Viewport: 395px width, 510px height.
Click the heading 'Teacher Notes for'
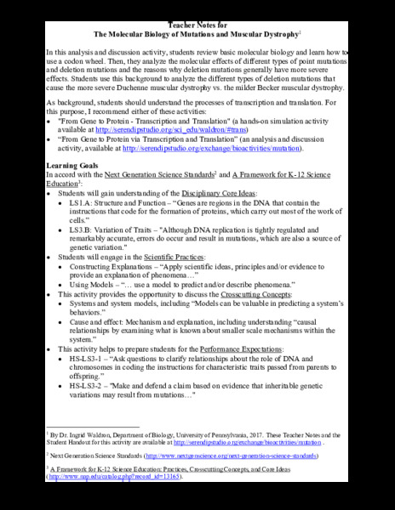[197, 24]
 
